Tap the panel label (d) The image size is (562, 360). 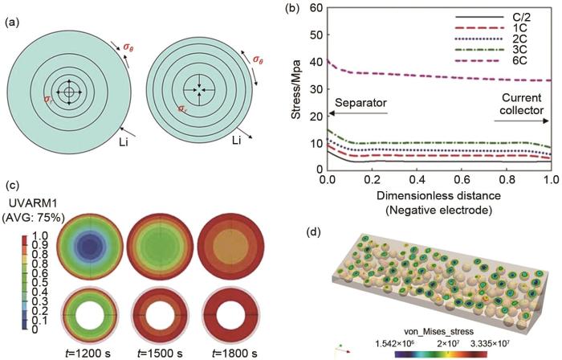coord(318,232)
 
